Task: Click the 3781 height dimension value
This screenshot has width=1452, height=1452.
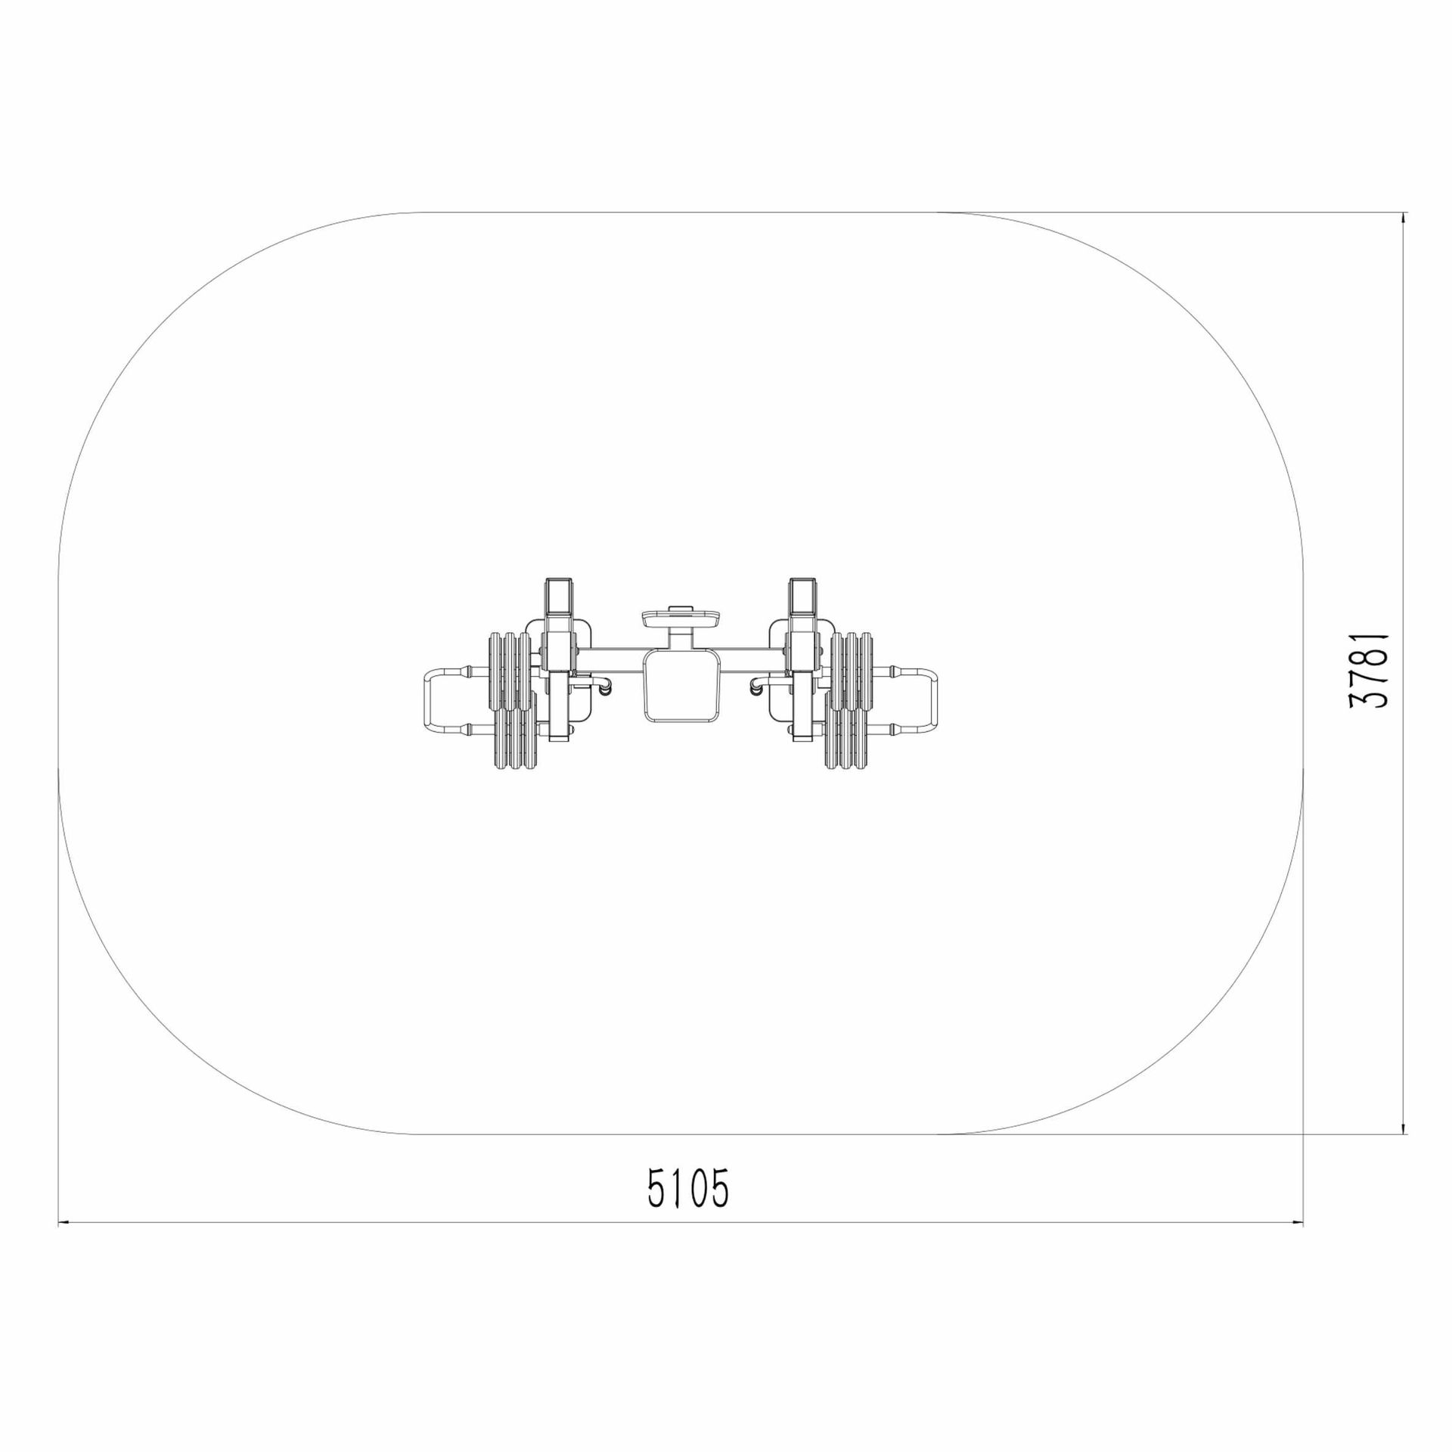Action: coord(1369,670)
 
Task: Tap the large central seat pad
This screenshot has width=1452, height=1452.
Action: coord(680,686)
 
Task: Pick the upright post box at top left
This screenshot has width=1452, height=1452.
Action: coord(560,597)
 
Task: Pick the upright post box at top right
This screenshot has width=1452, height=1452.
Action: coord(802,597)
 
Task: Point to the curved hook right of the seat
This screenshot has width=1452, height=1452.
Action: coord(755,687)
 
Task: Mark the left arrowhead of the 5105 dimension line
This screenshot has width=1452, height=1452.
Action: coord(64,1242)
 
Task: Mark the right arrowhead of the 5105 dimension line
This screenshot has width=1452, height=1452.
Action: coord(1298,1242)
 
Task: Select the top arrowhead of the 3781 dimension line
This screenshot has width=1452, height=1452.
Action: coord(1404,218)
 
